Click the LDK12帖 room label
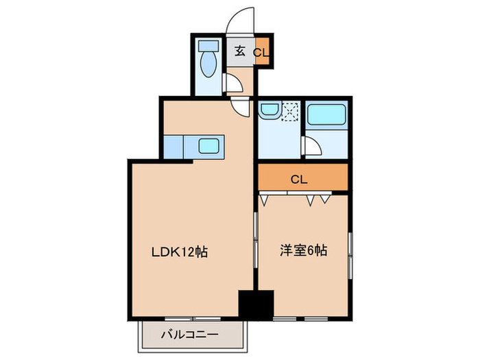(x=180, y=252)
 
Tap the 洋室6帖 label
(x=302, y=251)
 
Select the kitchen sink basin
(x=209, y=145)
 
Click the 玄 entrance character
(x=240, y=51)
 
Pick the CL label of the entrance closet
(x=261, y=51)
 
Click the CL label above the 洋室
(x=298, y=180)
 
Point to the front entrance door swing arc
(x=241, y=17)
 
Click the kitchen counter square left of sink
(x=173, y=146)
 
